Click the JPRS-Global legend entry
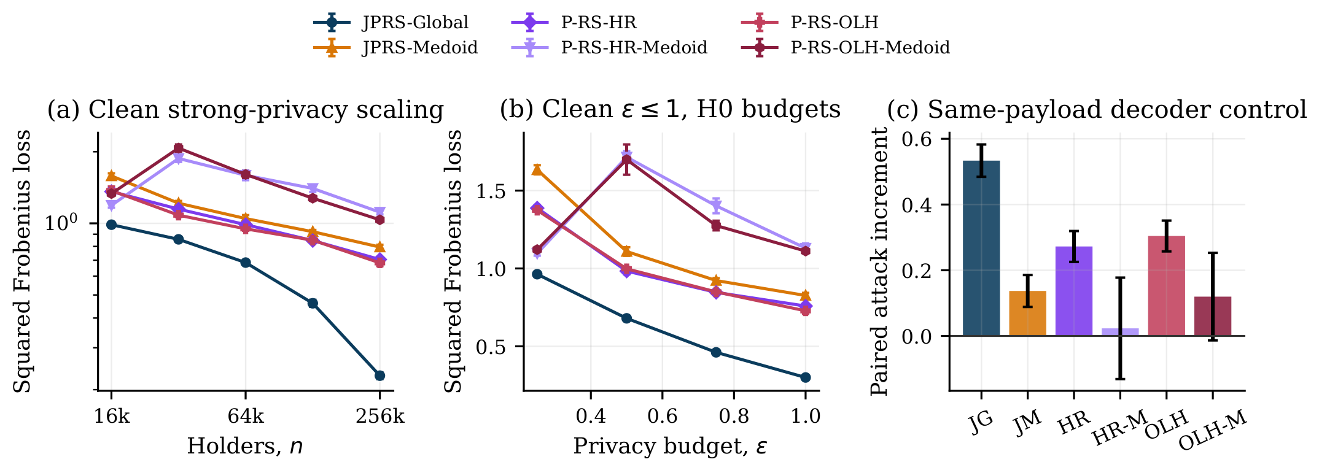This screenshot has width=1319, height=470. click(x=391, y=23)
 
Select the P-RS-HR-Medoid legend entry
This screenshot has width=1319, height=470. click(x=609, y=47)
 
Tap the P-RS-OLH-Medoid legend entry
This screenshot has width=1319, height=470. click(x=846, y=47)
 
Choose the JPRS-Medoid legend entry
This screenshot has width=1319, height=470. click(x=395, y=47)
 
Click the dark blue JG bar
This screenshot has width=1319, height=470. click(x=981, y=248)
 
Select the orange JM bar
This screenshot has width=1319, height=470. click(x=1027, y=314)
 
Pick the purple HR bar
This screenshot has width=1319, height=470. click(x=1074, y=291)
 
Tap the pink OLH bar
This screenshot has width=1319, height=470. click(x=1166, y=286)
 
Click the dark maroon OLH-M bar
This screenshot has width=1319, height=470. click(x=1213, y=317)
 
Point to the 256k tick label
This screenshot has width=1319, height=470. click(x=380, y=417)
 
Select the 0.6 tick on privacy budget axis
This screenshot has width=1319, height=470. click(x=662, y=417)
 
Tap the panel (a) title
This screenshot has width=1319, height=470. click(x=246, y=110)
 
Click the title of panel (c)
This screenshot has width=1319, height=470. click(x=1097, y=110)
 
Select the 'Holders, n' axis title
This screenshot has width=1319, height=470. click(x=245, y=446)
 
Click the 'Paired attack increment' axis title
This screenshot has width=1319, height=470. click(x=879, y=261)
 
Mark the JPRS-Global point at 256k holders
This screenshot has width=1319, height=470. click(x=379, y=376)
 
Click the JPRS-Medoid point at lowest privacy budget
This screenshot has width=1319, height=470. click(x=537, y=169)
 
